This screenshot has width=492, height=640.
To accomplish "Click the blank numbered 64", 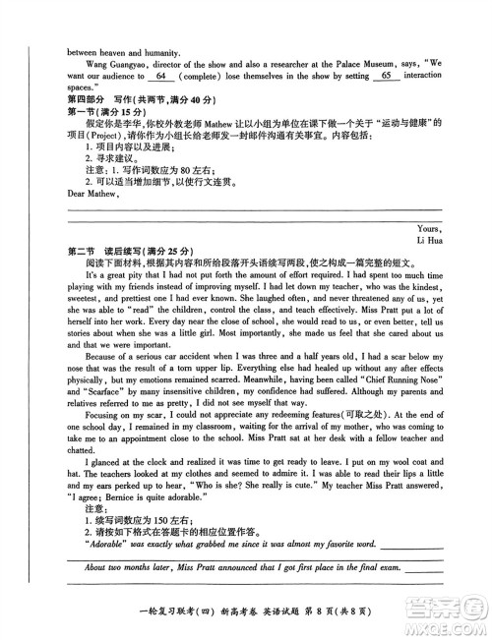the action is point(162,76).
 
